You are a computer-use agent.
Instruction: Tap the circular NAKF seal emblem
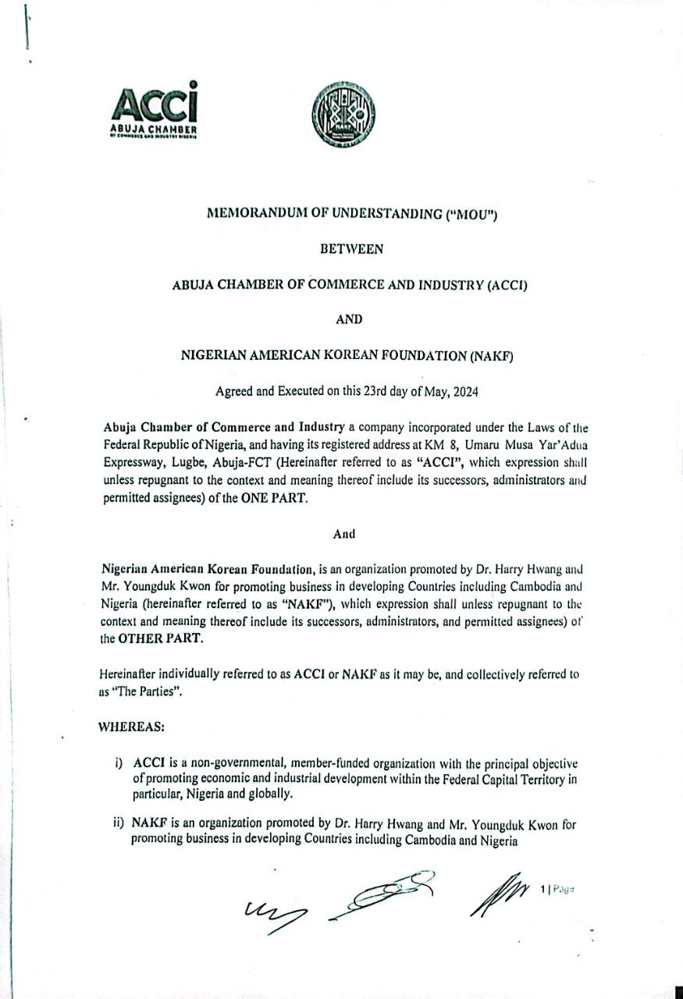tap(343, 115)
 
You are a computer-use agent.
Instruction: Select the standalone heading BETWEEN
tap(351, 250)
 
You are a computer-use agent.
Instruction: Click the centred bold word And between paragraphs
tap(344, 535)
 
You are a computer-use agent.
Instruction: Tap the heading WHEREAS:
tap(131, 727)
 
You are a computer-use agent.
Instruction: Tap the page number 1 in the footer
tap(542, 888)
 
